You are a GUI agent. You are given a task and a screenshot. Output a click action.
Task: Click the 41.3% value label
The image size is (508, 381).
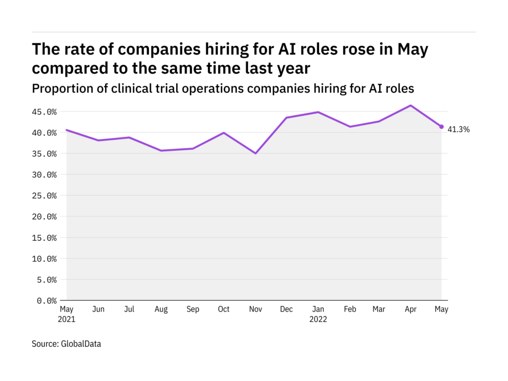(459, 129)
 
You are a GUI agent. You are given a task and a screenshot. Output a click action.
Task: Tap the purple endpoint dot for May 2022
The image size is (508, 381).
(442, 127)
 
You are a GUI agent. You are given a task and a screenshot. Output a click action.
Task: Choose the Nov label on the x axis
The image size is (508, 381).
(255, 310)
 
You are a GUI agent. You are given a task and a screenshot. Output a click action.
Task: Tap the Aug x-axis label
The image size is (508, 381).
(161, 310)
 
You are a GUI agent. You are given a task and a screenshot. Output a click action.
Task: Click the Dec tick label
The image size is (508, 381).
(286, 310)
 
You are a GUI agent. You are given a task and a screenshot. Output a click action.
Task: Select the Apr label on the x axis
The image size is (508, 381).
(410, 310)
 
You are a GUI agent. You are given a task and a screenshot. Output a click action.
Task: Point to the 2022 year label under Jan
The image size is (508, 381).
(318, 319)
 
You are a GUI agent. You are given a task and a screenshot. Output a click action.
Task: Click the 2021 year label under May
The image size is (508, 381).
(67, 319)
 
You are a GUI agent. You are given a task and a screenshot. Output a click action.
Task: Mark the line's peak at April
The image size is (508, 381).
(410, 105)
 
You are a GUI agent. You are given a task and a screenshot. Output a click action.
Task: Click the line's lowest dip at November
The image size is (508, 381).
(255, 153)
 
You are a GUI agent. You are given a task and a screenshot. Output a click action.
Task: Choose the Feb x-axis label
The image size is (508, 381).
(349, 310)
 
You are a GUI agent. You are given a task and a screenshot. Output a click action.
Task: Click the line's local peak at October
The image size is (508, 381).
(224, 132)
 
